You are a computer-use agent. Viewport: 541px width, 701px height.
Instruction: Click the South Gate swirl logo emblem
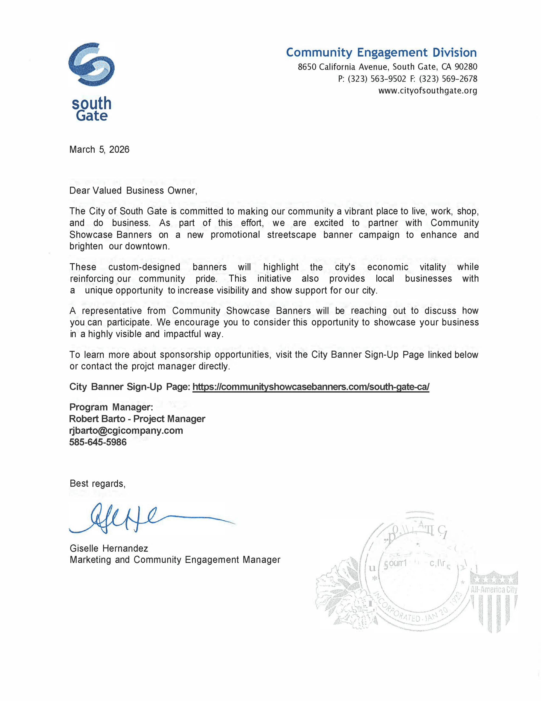pos(91,64)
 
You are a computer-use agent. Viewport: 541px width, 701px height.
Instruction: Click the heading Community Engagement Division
pos(381,52)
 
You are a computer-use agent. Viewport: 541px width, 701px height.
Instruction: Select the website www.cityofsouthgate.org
pos(427,91)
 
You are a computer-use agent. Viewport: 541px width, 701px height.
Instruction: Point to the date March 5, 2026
pos(99,150)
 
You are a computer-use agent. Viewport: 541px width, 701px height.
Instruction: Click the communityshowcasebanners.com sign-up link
pos(310,387)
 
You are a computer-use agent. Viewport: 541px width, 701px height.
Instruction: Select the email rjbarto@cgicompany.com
pos(126,430)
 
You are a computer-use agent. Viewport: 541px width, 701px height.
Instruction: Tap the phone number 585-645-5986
pos(98,442)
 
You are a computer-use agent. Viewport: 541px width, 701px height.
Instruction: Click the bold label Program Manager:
pos(111,407)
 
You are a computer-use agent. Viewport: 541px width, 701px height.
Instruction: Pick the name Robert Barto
pos(97,419)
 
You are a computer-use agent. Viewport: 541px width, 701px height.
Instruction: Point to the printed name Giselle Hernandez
pos(109,548)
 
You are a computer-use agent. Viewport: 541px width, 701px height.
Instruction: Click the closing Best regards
pos(97,483)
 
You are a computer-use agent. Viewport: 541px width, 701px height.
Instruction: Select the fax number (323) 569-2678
pos(448,79)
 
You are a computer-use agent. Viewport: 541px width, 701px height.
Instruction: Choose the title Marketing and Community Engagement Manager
pos(175,560)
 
